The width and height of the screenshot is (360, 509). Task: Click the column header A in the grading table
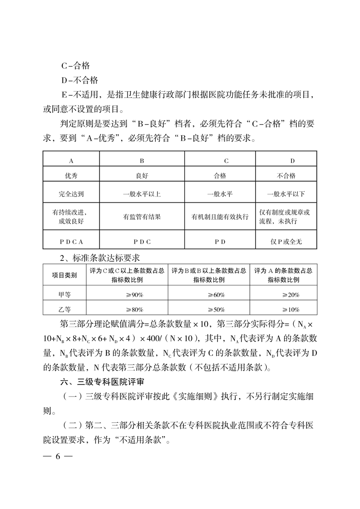pos(71,161)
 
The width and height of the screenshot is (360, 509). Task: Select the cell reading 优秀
pos(71,176)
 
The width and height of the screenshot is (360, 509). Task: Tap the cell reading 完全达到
pos(71,194)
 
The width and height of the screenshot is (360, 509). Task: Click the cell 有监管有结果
pos(142,217)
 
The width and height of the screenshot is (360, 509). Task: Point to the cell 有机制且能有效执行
pos(220,217)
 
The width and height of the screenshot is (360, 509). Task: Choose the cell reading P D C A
pos(71,241)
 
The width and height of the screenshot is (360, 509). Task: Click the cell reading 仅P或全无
pos(286,241)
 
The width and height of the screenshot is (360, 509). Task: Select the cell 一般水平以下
pos(286,194)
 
